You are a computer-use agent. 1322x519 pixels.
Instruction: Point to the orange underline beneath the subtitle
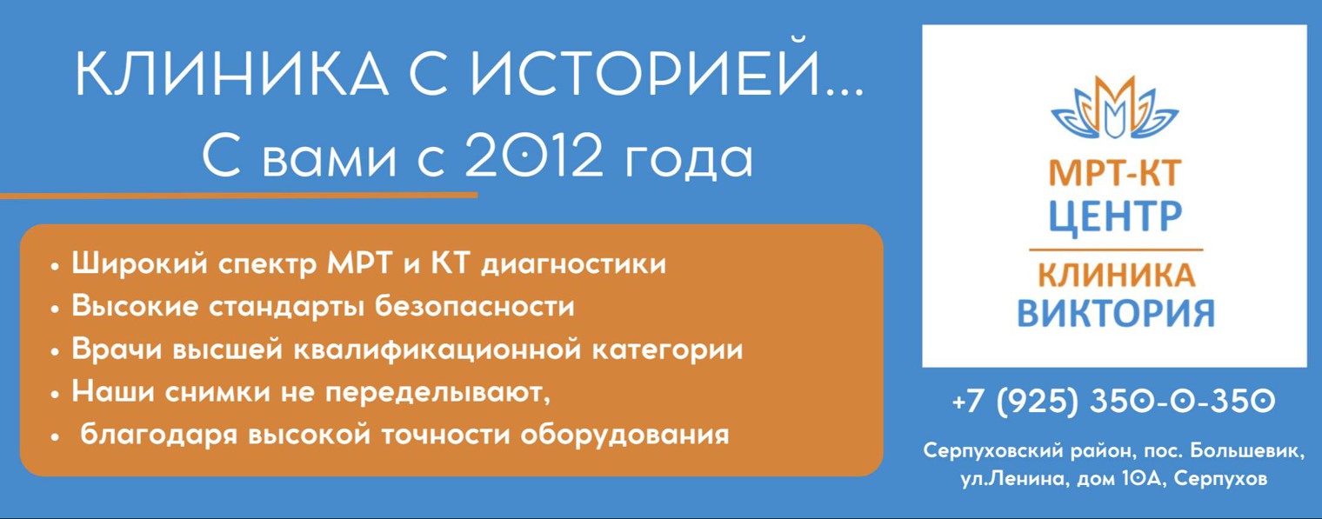tap(238, 196)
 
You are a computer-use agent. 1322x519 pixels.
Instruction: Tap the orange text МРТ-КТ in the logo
tap(1114, 175)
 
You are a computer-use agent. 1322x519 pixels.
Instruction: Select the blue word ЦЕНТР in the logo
tap(1114, 216)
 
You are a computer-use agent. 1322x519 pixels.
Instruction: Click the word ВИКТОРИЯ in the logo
tap(1115, 312)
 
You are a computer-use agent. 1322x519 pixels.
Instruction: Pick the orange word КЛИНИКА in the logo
tap(1115, 276)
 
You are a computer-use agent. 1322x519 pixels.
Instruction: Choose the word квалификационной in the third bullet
tap(437, 349)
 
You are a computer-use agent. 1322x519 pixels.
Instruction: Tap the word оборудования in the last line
tap(624, 435)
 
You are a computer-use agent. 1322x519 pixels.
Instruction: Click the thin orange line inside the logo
tap(1115, 250)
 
